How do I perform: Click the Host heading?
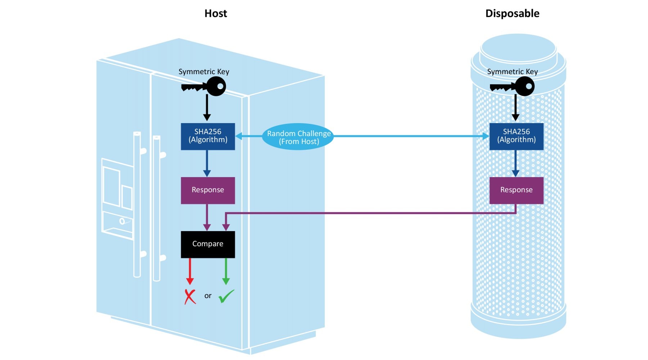click(x=216, y=14)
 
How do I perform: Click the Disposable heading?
click(x=512, y=14)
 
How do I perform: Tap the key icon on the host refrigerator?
click(x=204, y=87)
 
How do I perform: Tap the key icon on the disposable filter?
click(x=513, y=87)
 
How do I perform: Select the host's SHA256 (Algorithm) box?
click(x=208, y=136)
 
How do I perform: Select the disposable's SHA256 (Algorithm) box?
click(x=516, y=136)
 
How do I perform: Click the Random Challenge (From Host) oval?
click(x=298, y=137)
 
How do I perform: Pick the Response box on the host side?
click(x=208, y=190)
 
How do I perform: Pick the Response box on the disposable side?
click(x=516, y=190)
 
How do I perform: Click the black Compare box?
click(x=208, y=244)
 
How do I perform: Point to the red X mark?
click(x=190, y=297)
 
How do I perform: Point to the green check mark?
click(x=226, y=296)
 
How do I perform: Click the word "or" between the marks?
click(x=208, y=296)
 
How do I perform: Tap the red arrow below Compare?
click(x=190, y=272)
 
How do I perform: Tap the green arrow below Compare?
click(x=226, y=272)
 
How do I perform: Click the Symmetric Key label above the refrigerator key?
click(x=204, y=72)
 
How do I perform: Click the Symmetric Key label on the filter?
click(x=512, y=72)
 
